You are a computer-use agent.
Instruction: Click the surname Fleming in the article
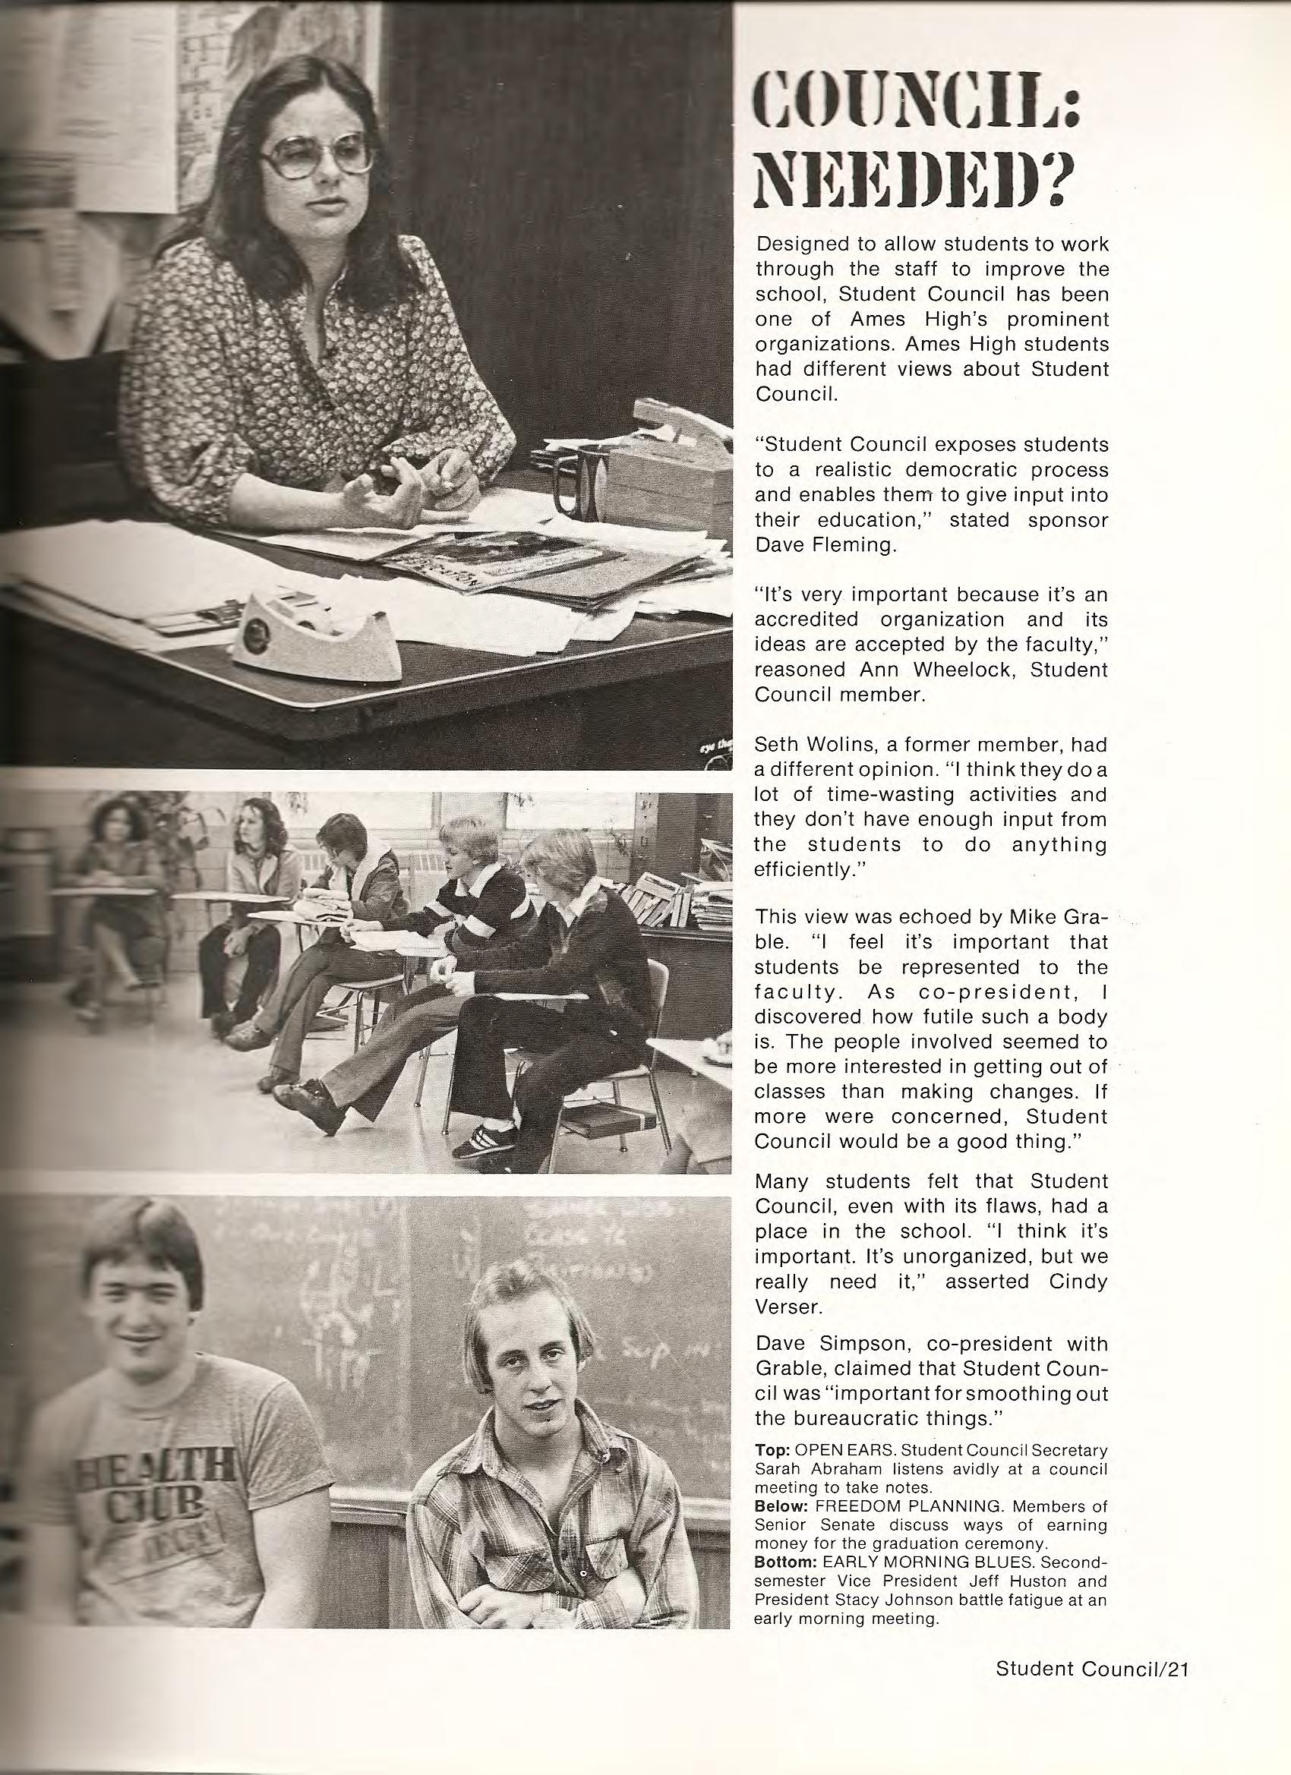point(846,546)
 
